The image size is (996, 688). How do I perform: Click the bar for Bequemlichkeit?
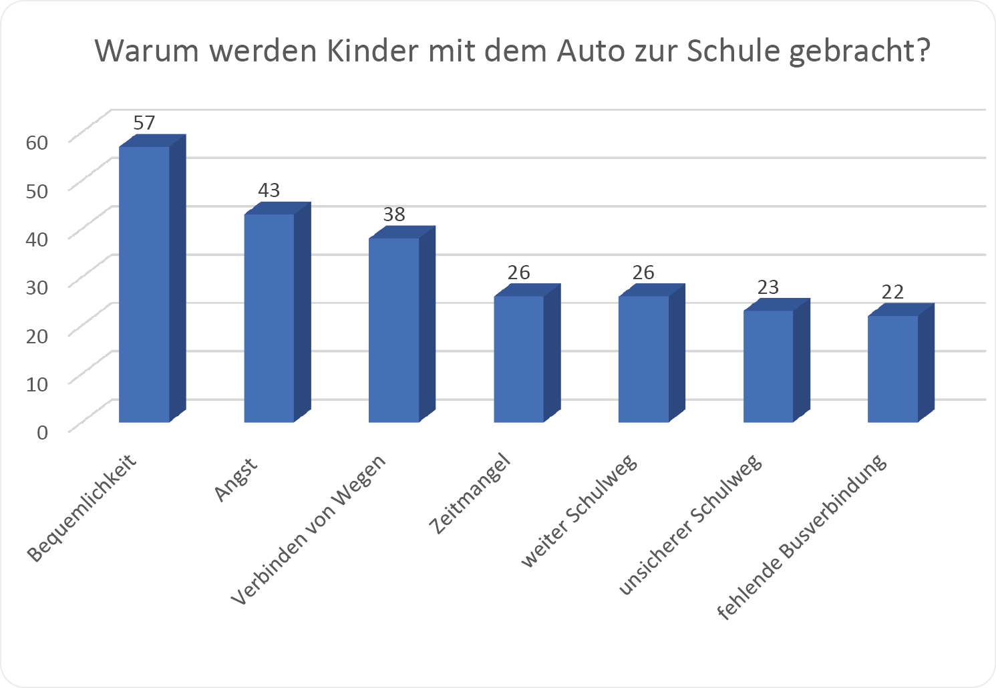144,284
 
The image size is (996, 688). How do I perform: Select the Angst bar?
269,318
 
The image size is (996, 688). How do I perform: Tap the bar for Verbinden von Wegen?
394,330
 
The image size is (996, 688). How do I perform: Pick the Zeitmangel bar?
519,359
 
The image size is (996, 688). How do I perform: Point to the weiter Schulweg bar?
643,359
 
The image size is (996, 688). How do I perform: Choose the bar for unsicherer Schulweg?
768,366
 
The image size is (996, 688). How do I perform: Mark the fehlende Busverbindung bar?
893,369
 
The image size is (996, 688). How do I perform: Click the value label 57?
144,123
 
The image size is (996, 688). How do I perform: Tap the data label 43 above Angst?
269,190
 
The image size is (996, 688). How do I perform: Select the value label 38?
394,214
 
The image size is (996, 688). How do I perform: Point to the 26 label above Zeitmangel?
518,273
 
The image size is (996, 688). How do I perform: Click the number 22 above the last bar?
892,292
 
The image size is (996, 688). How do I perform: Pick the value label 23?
768,287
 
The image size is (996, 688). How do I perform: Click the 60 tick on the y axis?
37,142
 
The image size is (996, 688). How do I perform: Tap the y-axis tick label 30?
37,287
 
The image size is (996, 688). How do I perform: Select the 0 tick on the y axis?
43,432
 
